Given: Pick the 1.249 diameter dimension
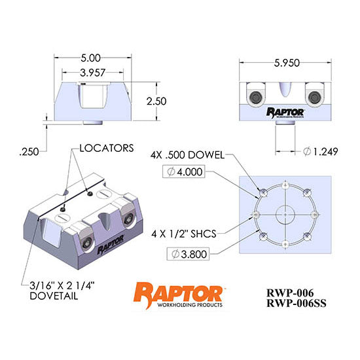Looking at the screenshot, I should (x=322, y=151).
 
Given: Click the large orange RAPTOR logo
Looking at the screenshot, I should (x=178, y=292).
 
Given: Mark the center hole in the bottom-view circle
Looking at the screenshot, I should (x=285, y=213).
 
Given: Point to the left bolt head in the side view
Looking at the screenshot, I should (x=255, y=97).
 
